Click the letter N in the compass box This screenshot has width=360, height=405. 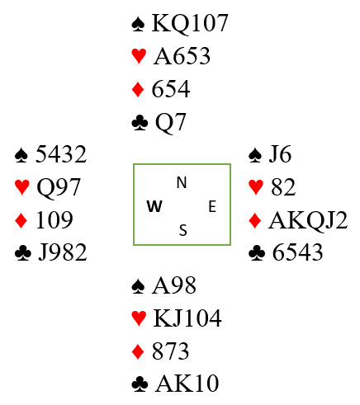[x=182, y=182]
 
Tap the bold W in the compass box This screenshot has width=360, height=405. [x=154, y=206]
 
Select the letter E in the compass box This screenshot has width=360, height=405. [x=212, y=206]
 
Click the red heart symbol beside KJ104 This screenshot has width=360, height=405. [x=139, y=318]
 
